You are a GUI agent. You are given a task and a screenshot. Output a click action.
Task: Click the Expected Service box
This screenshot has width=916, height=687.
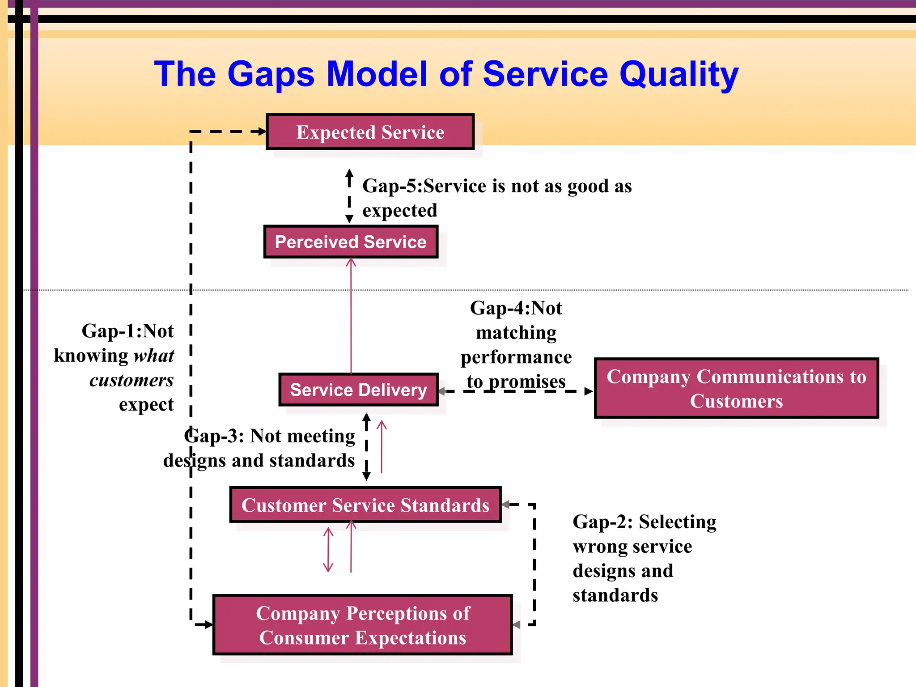pyautogui.click(x=370, y=132)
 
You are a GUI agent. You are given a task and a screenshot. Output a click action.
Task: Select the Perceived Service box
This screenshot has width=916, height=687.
pyautogui.click(x=351, y=242)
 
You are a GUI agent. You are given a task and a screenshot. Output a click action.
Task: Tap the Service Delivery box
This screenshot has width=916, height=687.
pyautogui.click(x=358, y=390)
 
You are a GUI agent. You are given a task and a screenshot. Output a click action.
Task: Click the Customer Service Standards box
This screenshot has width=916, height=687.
pyautogui.click(x=365, y=505)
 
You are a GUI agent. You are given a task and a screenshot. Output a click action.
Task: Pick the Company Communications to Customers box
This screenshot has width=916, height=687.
pyautogui.click(x=736, y=388)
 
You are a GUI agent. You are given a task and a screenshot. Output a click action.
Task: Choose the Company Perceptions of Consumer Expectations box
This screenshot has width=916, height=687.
pyautogui.click(x=363, y=625)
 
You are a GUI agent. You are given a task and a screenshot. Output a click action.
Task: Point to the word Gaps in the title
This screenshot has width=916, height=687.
pyautogui.click(x=271, y=74)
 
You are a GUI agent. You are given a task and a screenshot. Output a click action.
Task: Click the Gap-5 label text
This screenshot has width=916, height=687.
pyautogui.click(x=392, y=186)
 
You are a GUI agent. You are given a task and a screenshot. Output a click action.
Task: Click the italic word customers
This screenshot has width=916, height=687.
pyautogui.click(x=131, y=380)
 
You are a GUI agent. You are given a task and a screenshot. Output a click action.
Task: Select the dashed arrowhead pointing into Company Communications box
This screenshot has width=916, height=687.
pyautogui.click(x=588, y=391)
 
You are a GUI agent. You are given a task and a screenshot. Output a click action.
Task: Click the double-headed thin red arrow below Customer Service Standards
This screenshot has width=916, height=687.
pyautogui.click(x=328, y=550)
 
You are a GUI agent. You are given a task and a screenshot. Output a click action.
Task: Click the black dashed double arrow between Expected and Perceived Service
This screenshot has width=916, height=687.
pyautogui.click(x=349, y=196)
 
